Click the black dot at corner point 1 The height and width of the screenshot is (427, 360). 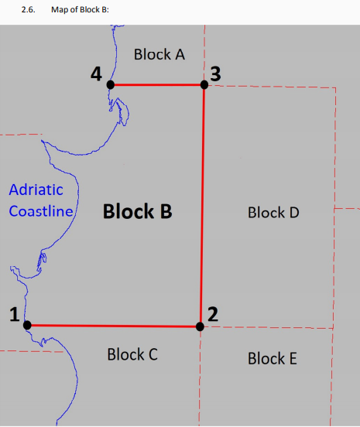(27, 325)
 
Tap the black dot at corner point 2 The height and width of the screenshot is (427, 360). (200, 326)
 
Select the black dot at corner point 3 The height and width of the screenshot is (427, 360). (204, 84)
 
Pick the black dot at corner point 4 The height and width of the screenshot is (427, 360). (111, 84)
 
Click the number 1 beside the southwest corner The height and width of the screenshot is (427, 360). (15, 314)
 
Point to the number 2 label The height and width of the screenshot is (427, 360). (213, 314)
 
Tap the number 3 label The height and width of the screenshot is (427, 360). (215, 73)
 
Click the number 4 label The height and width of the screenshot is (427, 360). (96, 73)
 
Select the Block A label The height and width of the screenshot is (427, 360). (159, 54)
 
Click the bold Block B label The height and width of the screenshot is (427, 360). (138, 211)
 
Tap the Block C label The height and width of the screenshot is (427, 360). (132, 354)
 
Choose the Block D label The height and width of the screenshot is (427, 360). (273, 213)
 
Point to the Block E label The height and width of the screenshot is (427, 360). (273, 358)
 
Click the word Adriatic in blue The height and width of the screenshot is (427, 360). (36, 190)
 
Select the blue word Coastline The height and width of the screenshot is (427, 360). (41, 211)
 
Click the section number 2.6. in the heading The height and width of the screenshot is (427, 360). (29, 10)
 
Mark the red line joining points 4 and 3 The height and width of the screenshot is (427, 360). (157, 84)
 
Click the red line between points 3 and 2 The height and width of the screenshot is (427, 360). (202, 206)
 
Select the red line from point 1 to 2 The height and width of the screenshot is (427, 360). (113, 326)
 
